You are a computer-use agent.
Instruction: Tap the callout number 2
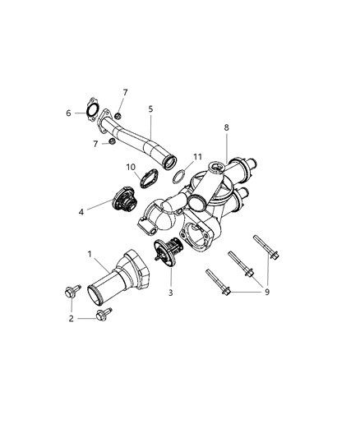coord(72,318)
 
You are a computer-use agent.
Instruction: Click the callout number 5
coord(150,108)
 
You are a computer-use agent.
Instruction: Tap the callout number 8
coord(227,128)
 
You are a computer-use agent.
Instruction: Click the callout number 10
coord(132,168)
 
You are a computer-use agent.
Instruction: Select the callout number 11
coord(197,155)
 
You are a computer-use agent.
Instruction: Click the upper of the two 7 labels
coord(125,92)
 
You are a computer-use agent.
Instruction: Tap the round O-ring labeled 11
coord(178,176)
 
